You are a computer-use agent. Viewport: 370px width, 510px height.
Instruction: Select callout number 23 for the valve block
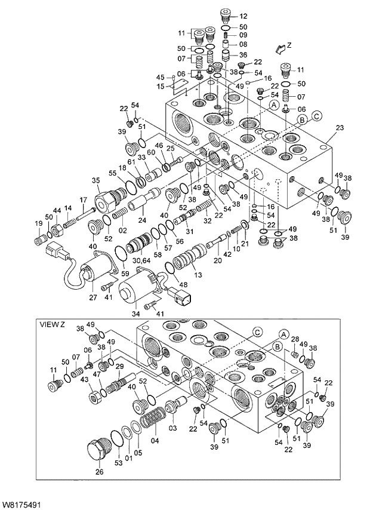(340, 128)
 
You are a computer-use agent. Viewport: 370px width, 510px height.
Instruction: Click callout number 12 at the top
(243, 16)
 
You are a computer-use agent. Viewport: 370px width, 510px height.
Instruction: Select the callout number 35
(95, 181)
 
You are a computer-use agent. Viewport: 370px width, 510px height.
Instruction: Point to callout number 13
(197, 275)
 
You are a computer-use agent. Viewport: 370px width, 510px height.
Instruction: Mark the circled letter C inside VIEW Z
(257, 331)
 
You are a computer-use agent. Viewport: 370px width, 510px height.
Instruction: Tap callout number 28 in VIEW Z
(294, 340)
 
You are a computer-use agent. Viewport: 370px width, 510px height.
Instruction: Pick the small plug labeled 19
(40, 239)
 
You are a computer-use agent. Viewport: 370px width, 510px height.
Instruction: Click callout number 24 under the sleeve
(142, 220)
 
